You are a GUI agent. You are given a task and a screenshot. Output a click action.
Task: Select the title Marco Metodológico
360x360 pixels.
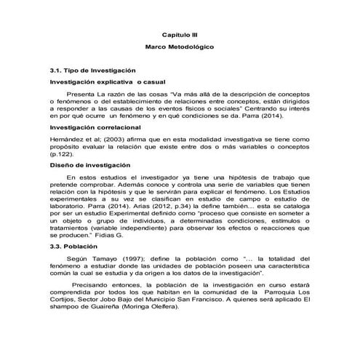click(180, 46)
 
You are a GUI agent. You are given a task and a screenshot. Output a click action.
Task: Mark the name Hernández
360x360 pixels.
click(65, 137)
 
